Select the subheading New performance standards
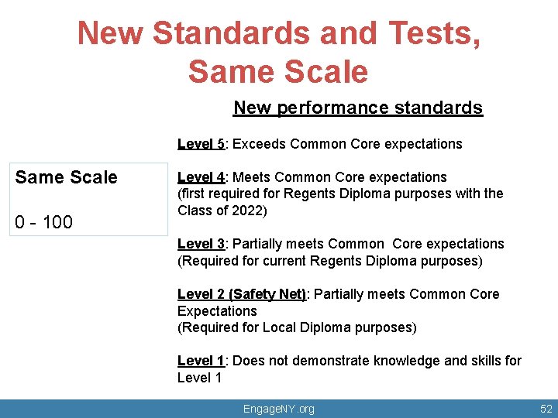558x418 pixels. (358, 108)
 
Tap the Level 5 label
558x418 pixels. (201, 143)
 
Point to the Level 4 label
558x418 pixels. (201, 177)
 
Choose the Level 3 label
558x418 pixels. (201, 244)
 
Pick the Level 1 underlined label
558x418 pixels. (201, 361)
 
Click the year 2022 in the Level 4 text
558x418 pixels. (249, 211)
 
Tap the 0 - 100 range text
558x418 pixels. (44, 223)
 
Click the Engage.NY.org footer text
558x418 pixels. (279, 409)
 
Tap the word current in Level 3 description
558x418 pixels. (289, 261)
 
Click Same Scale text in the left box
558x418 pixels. (67, 177)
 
